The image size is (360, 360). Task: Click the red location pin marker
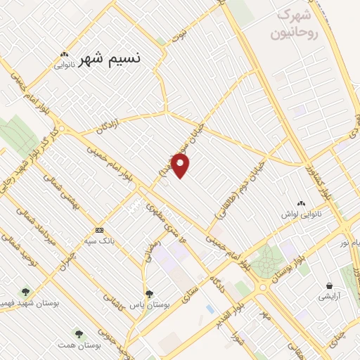tap(181, 166)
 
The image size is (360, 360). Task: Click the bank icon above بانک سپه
tap(99, 230)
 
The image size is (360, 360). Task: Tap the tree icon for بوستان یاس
tap(148, 294)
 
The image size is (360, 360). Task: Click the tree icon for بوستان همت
tap(77, 333)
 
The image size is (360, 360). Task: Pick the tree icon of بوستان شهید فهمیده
tap(26, 291)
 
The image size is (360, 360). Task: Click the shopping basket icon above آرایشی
tap(328, 285)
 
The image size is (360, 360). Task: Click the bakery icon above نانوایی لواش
tap(302, 202)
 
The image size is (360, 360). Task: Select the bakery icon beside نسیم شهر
tap(65, 55)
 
